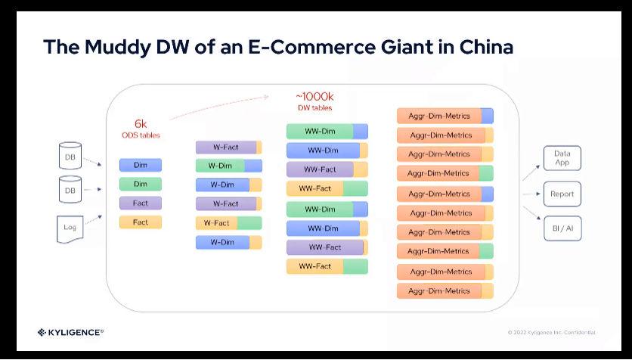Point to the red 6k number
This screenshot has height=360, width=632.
click(x=141, y=123)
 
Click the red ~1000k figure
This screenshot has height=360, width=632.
click(x=314, y=97)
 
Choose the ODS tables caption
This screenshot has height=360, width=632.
click(x=141, y=135)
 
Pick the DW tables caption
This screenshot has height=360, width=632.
click(x=314, y=108)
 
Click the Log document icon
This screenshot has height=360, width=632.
click(x=69, y=228)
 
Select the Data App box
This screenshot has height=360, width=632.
click(x=562, y=158)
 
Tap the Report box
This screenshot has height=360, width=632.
click(x=562, y=194)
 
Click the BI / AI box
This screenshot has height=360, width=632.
click(x=562, y=228)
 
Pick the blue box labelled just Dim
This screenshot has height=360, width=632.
click(x=141, y=165)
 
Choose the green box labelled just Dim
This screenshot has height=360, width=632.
click(x=141, y=184)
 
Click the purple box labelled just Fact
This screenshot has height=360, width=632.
click(x=141, y=203)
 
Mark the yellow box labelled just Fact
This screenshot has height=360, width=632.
click(x=141, y=222)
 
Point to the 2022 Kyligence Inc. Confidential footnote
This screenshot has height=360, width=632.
click(x=551, y=333)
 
